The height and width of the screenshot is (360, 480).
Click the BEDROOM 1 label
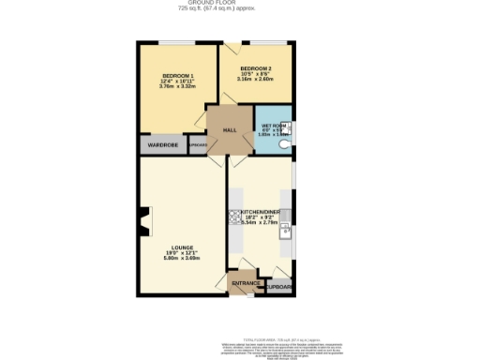pyautogui.click(x=178, y=75)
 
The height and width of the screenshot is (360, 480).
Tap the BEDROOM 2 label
pyautogui.click(x=256, y=68)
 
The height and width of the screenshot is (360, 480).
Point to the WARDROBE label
pyautogui.click(x=162, y=146)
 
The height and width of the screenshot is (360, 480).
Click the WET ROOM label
pyautogui.click(x=273, y=125)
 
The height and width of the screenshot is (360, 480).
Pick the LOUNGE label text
pyautogui.click(x=182, y=247)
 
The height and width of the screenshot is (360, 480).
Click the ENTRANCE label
pyautogui.click(x=247, y=282)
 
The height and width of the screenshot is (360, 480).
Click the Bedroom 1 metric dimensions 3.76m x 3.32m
pyautogui.click(x=178, y=86)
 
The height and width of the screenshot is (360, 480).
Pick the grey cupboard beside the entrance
pyautogui.click(x=279, y=287)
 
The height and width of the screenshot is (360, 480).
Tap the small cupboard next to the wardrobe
pyautogui.click(x=198, y=146)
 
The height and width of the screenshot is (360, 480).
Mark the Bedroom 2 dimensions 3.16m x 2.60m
pyautogui.click(x=256, y=80)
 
